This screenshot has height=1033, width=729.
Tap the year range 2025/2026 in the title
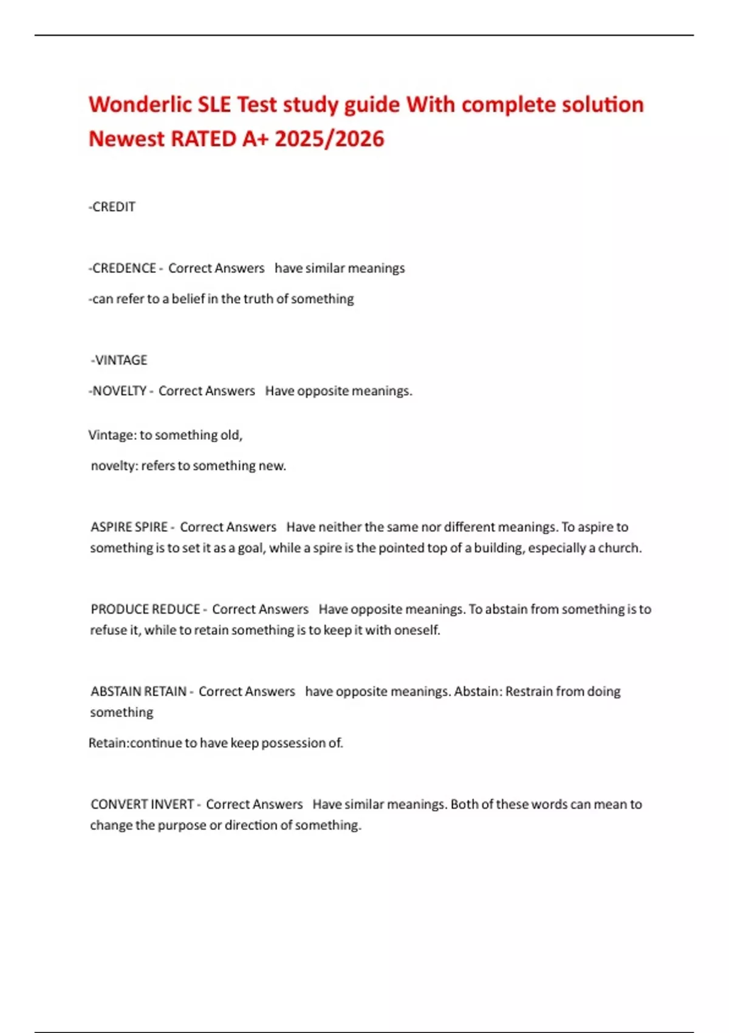coord(329,139)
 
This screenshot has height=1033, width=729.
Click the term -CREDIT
coord(112,207)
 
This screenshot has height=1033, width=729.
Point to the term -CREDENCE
coord(123,269)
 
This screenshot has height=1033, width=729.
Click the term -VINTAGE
coord(119,360)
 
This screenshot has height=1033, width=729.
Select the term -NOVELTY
coord(118,391)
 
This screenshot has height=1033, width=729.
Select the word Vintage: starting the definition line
coord(112,435)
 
